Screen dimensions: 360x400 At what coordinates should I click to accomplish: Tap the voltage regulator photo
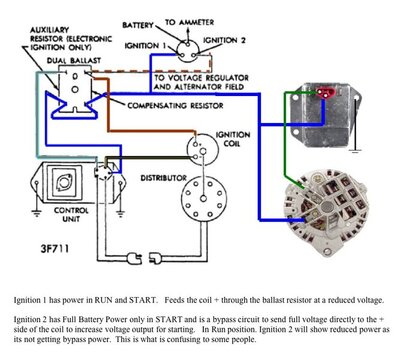coord(335,107)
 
